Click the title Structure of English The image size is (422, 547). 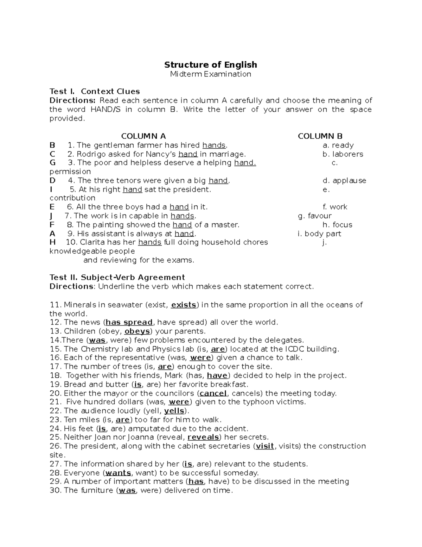click(211, 65)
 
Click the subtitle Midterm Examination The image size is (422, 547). click(211, 74)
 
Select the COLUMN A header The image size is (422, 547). click(143, 136)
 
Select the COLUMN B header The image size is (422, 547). click(320, 136)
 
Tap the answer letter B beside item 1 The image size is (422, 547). click(52, 145)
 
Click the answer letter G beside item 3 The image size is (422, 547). click(53, 163)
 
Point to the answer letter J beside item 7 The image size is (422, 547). click(51, 216)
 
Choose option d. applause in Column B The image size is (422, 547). click(344, 181)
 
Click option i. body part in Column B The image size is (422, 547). click(319, 234)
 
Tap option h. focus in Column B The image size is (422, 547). click(337, 225)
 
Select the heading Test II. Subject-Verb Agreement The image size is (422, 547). click(117, 278)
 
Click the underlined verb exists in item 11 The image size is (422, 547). click(183, 305)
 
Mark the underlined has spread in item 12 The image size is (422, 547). click(129, 322)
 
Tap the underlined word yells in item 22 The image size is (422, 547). click(174, 411)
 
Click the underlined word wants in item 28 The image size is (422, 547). click(118, 473)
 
